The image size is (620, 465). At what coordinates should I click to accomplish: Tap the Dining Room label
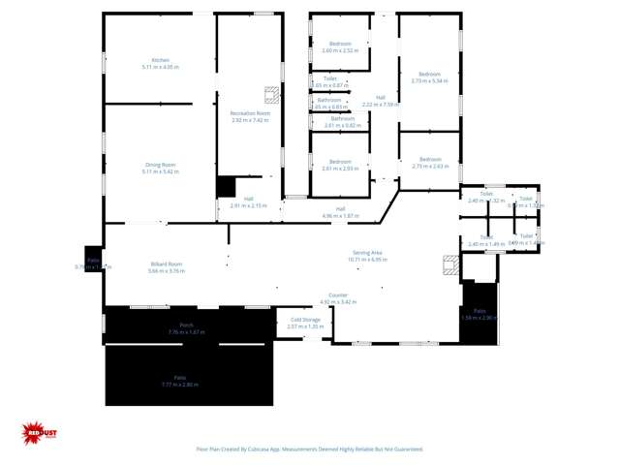point(160,168)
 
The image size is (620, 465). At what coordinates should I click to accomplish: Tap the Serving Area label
point(367,256)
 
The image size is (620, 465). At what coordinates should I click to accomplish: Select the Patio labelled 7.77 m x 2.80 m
point(180,381)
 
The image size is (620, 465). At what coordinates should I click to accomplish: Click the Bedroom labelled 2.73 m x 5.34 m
point(429,77)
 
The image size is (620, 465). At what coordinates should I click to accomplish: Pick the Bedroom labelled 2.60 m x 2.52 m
point(340,46)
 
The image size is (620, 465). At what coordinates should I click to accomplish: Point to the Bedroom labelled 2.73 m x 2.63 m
point(429,162)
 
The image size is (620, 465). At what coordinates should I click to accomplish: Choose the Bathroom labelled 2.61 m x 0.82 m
point(340,122)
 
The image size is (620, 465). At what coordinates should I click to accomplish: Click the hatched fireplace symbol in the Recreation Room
point(272,94)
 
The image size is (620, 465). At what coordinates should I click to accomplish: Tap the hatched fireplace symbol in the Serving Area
point(449,265)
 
